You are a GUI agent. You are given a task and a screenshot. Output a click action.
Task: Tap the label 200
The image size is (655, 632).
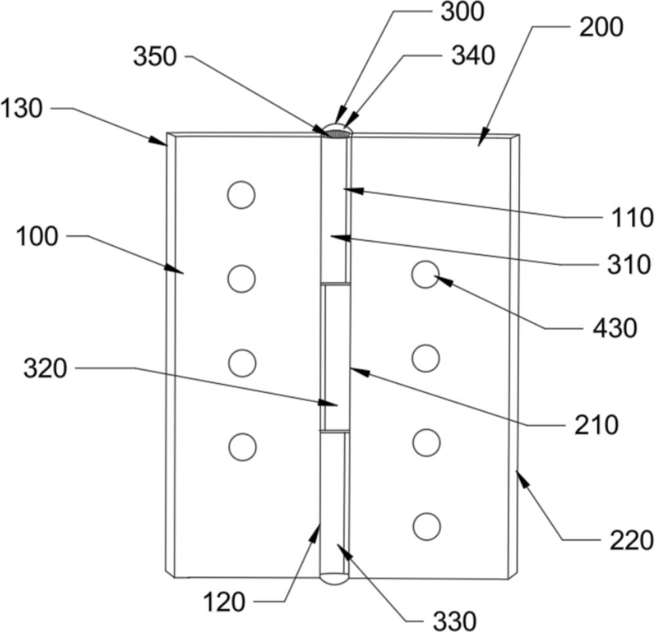coord(601,27)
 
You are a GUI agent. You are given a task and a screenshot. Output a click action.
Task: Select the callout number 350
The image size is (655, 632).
coord(155,56)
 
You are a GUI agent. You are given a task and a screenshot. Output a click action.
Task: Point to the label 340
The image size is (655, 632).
coord(474,55)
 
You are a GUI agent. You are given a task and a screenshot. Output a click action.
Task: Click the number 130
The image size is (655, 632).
coord(22,109)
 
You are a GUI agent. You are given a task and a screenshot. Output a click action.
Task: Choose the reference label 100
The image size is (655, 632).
coord(37,237)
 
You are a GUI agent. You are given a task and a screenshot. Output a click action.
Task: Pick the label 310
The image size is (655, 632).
coord(629,264)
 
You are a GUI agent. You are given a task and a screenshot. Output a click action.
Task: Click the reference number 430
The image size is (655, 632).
coord(615,328)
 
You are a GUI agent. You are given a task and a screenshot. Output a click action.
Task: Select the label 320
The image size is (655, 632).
coord(45,368)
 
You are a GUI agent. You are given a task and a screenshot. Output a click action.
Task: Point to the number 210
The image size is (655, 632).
coord(596,425)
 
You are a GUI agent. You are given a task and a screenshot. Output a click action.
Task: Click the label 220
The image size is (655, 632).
coord(631,540)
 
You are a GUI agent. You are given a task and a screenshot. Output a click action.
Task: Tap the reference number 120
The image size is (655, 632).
coord(224,602)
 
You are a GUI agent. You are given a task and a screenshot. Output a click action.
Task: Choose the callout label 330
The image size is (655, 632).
coord(455,621)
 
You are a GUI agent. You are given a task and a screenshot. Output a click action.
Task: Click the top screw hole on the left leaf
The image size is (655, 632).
coord(242,195)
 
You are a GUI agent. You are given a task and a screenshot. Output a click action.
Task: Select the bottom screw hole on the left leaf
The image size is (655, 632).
coord(243,447)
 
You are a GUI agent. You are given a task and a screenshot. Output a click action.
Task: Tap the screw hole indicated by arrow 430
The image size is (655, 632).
coord(425,275)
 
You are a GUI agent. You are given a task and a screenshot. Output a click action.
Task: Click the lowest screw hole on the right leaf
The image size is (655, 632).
coord(427,526)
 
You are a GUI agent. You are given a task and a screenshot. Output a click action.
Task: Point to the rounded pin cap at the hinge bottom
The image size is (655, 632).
coord(334,580)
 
